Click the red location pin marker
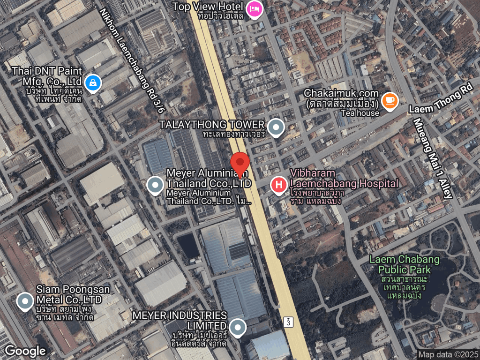[240, 164]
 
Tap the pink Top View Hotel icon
[254, 8]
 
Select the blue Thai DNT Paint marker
[94, 83]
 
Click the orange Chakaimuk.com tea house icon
[390, 100]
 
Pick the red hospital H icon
[279, 185]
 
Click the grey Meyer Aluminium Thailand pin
[155, 185]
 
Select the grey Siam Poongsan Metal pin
[25, 301]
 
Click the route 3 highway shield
[288, 322]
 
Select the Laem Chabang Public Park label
[404, 264]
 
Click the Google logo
[25, 351]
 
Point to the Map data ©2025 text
[448, 355]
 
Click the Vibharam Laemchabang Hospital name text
[344, 178]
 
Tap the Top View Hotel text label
[208, 7]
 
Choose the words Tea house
[360, 113]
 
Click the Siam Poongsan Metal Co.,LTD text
[69, 294]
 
